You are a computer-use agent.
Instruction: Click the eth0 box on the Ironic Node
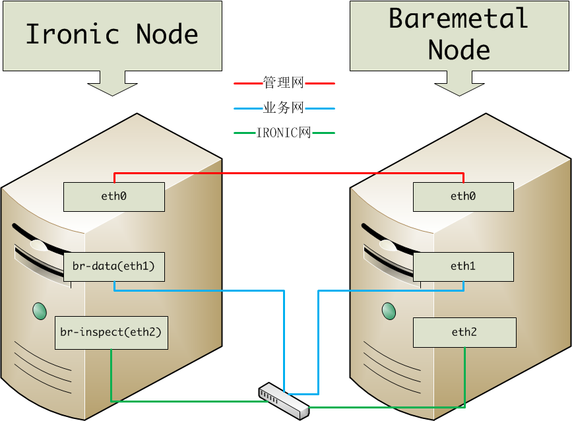click(x=113, y=197)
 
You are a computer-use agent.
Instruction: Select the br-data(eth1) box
click(x=113, y=267)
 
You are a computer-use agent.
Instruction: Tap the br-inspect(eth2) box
click(x=111, y=332)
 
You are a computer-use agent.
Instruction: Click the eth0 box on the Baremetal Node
click(x=463, y=197)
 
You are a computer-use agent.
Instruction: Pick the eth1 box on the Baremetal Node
click(x=463, y=267)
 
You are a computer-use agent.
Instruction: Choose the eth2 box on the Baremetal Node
click(x=464, y=332)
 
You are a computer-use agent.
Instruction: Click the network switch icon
click(x=283, y=399)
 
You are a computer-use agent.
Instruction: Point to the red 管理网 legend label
click(x=284, y=84)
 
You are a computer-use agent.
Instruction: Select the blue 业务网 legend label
click(x=284, y=108)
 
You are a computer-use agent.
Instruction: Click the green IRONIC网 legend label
click(x=284, y=133)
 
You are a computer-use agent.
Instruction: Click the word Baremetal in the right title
click(x=459, y=18)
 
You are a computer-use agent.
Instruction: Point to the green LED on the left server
click(x=39, y=309)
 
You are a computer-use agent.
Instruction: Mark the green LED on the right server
click(x=389, y=309)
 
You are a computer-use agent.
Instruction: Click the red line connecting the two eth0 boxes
click(x=289, y=174)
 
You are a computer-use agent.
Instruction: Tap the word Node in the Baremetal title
click(x=459, y=49)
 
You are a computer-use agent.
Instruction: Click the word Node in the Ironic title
click(x=167, y=34)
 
